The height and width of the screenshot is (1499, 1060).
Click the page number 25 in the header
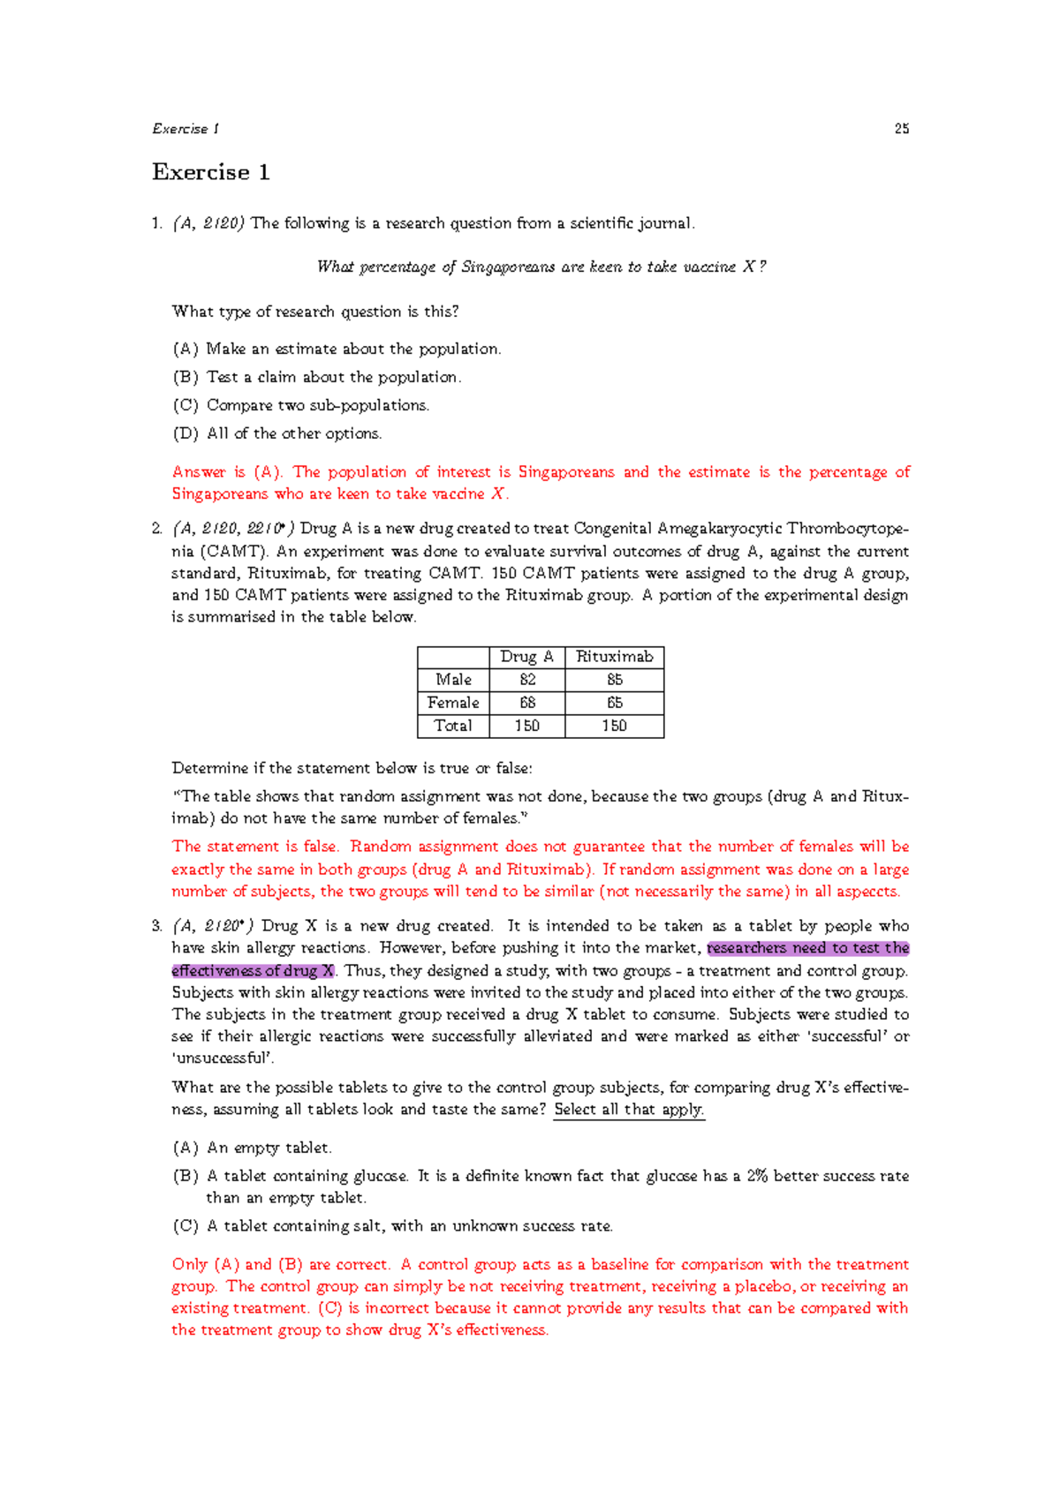901,129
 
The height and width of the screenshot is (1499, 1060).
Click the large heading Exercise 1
211,172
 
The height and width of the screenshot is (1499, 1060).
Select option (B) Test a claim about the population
316,377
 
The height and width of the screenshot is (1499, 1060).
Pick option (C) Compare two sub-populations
300,405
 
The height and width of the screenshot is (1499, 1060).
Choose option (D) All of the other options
276,433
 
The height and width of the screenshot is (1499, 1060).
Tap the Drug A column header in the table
526,657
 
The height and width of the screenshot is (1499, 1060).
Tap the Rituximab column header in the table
614,657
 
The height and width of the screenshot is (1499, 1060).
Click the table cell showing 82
527,680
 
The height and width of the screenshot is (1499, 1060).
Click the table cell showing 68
527,703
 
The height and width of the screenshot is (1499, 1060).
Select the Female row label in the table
453,703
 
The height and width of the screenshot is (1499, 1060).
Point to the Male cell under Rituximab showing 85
614,680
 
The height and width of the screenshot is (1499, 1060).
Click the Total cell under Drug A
527,726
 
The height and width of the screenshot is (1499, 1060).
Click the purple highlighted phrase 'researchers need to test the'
807,948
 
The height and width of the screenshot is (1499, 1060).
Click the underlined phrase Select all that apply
628,1110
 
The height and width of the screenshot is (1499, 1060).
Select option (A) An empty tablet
252,1148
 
